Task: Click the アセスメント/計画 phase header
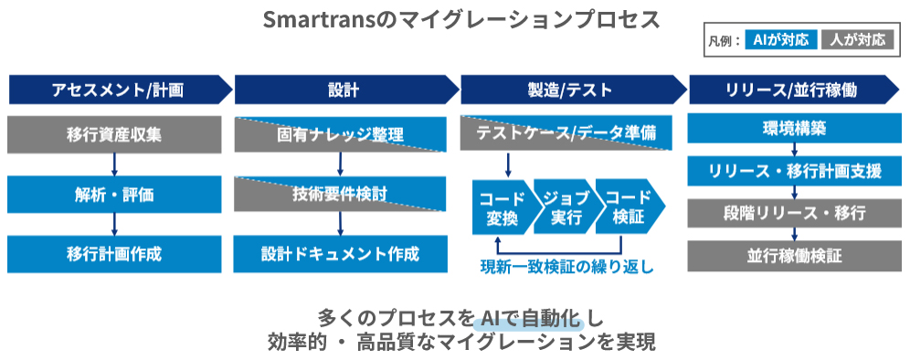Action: tap(119, 90)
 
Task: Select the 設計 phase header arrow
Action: tap(346, 90)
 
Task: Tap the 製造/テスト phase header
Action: tap(572, 90)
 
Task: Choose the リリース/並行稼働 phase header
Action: tap(794, 90)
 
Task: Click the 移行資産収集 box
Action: tap(114, 134)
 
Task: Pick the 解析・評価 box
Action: tap(114, 195)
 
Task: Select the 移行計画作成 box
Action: tap(114, 254)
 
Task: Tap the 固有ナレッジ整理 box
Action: tap(340, 134)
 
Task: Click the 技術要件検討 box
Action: tap(340, 194)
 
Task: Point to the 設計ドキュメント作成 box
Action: tap(340, 254)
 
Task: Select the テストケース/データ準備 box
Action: tap(566, 133)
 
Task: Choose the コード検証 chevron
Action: tap(630, 206)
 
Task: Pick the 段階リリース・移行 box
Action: tap(794, 213)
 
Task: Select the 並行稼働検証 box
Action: tap(794, 257)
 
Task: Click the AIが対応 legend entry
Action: tap(780, 40)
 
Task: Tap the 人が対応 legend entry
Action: tap(858, 40)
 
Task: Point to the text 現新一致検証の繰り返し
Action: tap(567, 267)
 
